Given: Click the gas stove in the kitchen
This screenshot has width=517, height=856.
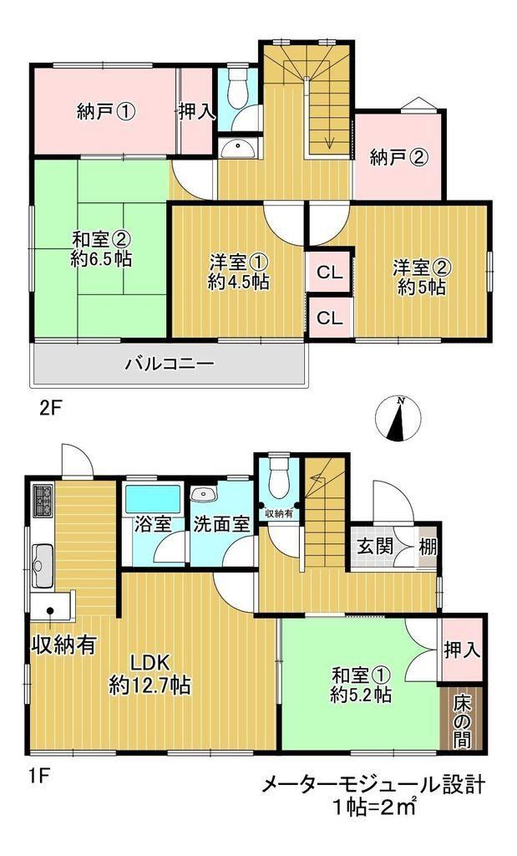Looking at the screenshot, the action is (x=42, y=500).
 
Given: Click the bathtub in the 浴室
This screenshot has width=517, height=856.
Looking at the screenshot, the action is (x=153, y=499).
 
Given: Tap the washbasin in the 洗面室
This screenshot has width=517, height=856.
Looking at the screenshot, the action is (x=205, y=494).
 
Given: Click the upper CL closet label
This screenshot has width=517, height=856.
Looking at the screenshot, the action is (x=329, y=272).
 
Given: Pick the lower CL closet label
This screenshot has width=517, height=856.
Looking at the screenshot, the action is (x=329, y=318).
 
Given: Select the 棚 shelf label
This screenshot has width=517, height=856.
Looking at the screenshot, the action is (x=428, y=546).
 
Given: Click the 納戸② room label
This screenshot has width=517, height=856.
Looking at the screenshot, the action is (x=398, y=158).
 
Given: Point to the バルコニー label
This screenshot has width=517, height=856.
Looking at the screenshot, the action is (x=169, y=364).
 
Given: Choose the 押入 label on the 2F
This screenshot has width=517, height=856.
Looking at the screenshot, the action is (x=197, y=112).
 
